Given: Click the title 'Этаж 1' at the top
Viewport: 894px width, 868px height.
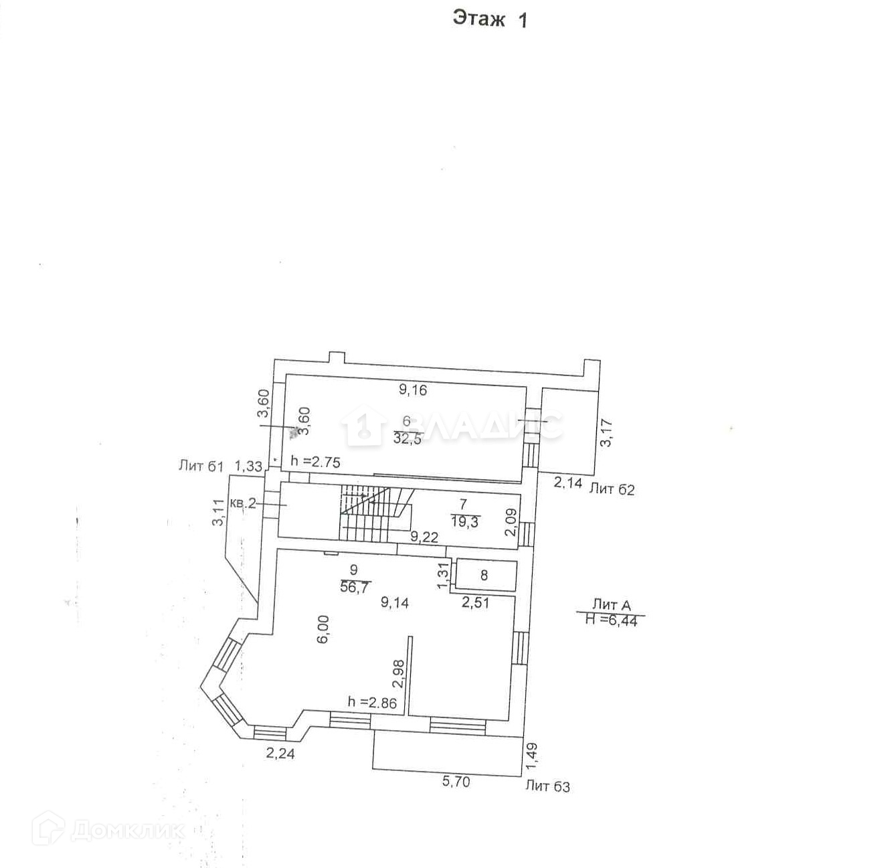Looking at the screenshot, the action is (x=490, y=19).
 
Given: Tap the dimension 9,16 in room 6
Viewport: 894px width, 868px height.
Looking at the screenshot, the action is (x=413, y=389).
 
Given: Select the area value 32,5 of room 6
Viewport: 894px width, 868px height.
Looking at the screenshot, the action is (x=408, y=439).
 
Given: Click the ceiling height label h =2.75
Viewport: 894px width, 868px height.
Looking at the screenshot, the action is (x=315, y=462).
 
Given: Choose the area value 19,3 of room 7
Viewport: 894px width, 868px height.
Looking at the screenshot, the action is (x=465, y=522).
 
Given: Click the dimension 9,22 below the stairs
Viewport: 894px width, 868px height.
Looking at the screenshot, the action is (x=424, y=536).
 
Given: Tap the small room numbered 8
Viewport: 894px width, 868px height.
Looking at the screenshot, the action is (x=484, y=576).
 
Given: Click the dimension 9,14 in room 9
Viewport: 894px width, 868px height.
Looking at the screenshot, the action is (x=395, y=602).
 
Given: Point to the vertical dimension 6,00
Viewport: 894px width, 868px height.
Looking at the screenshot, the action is (x=323, y=629).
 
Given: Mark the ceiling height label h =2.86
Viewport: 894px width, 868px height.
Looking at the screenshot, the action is (x=372, y=703).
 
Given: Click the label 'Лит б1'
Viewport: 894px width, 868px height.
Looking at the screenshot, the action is (x=201, y=465).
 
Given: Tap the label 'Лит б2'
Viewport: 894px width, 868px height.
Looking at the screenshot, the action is (x=612, y=489).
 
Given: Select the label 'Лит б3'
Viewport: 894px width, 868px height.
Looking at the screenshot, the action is (x=547, y=786).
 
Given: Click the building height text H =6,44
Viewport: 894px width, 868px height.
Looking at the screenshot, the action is (x=612, y=620).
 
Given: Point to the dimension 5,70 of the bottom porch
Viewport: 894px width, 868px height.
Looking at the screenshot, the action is (x=456, y=781).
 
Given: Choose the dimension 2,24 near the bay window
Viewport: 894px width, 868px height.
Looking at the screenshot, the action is (x=280, y=754).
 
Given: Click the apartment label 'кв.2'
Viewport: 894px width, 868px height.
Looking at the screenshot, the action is (x=243, y=503).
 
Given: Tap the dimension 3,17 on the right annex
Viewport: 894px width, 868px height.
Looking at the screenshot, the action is (x=606, y=433).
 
